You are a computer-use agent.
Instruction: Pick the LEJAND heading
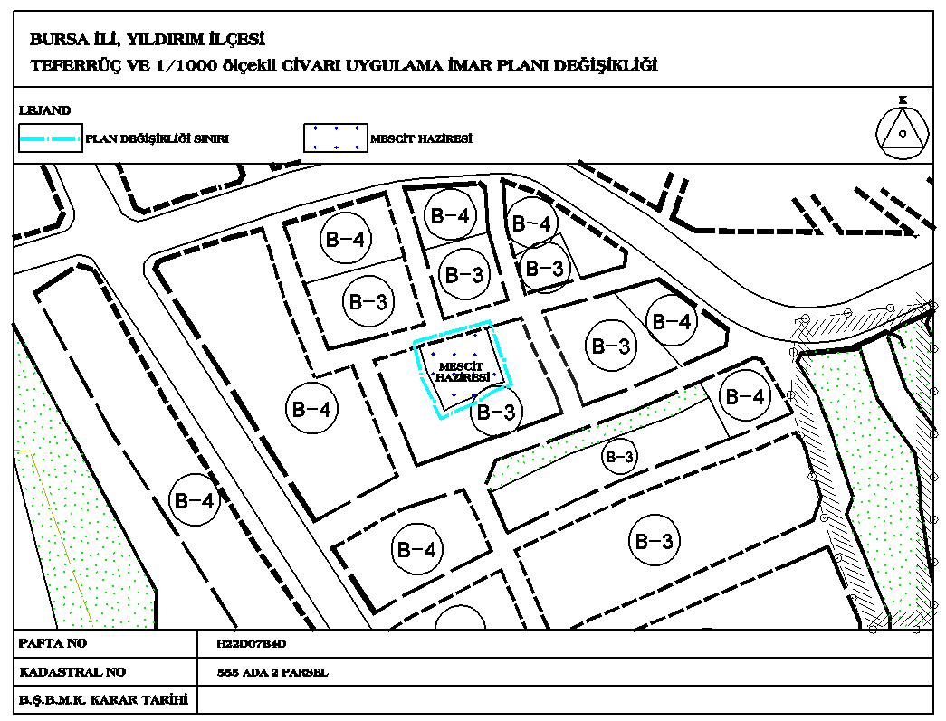[44, 110]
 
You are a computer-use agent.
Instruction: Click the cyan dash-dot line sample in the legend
[50, 138]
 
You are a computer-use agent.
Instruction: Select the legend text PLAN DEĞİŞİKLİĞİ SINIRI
[157, 138]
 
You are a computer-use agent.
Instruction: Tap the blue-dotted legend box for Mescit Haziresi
[336, 138]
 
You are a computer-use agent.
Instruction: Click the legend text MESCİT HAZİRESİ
[421, 138]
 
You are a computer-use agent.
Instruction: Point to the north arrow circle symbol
[903, 133]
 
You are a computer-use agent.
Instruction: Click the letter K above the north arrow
[903, 100]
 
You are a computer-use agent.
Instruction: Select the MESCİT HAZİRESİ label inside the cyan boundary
[462, 373]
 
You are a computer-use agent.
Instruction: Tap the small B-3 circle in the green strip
[619, 457]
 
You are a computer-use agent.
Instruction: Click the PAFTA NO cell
[53, 643]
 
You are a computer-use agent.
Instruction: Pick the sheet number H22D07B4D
[252, 644]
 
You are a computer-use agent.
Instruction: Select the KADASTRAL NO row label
[72, 672]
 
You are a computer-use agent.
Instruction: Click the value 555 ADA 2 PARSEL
[272, 672]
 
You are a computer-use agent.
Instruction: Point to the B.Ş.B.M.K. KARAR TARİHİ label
[103, 700]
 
